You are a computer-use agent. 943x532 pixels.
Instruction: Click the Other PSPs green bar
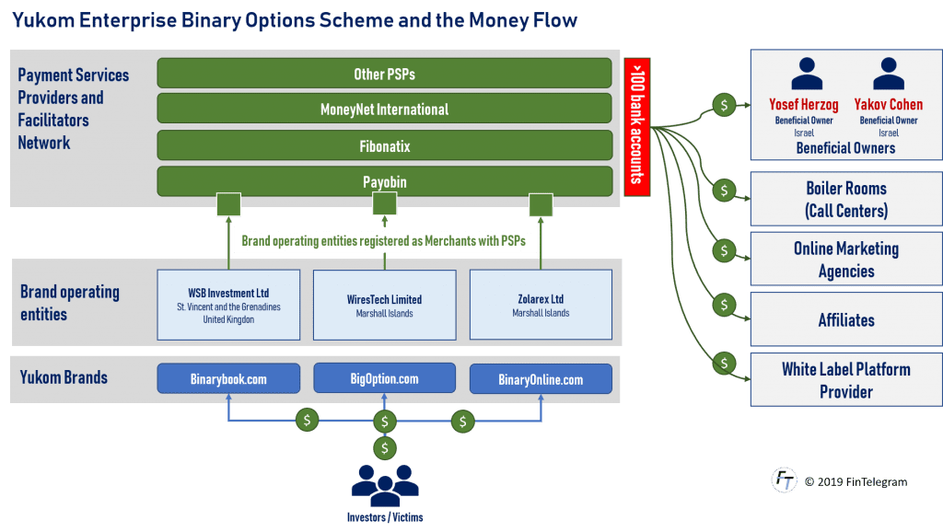pos(384,74)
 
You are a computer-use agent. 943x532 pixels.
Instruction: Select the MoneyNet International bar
pos(384,110)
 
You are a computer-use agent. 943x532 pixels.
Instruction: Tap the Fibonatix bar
pos(384,145)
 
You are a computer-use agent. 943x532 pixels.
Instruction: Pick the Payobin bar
pos(384,181)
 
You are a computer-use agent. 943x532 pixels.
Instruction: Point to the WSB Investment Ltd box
pos(228,304)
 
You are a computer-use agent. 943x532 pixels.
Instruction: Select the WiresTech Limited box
pos(384,304)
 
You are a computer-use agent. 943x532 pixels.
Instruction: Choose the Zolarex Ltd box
pos(541,304)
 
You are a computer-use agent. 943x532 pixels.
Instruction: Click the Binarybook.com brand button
pos(228,379)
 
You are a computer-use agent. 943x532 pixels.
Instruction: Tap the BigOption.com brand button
pos(384,378)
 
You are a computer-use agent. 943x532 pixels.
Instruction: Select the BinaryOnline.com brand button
pos(541,379)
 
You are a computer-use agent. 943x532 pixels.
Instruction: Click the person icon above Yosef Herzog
pos(807,75)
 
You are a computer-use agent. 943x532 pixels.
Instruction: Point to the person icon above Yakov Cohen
pos(888,75)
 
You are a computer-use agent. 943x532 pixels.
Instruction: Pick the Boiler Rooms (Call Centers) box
pos(845,200)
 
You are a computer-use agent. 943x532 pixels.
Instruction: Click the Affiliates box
pos(845,319)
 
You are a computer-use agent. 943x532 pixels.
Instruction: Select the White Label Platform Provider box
pos(845,379)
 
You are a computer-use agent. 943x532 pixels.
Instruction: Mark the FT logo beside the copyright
pos(784,480)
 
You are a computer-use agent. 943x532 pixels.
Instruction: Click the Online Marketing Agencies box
pos(845,260)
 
